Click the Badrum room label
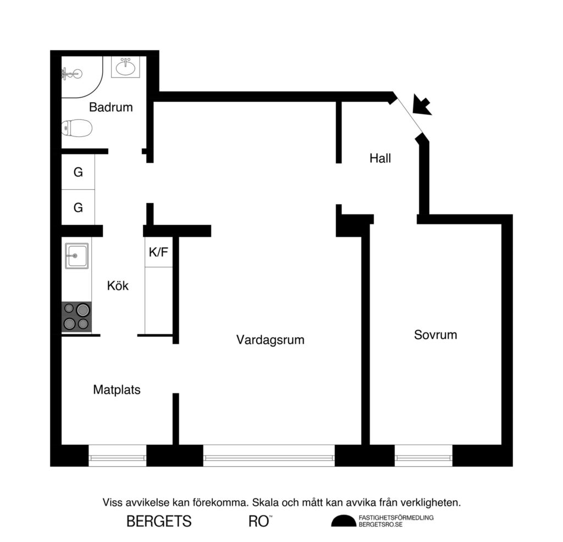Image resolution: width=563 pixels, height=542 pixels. pyautogui.click(x=111, y=107)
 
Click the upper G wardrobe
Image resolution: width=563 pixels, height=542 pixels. pyautogui.click(x=78, y=172)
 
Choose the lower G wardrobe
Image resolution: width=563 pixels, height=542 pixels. pyautogui.click(x=78, y=208)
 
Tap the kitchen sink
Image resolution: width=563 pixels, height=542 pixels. pyautogui.click(x=76, y=256)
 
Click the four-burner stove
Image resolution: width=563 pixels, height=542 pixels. pyautogui.click(x=76, y=316)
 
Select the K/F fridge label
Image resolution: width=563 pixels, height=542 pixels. pyautogui.click(x=158, y=253)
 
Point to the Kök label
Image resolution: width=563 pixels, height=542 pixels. pyautogui.click(x=118, y=286)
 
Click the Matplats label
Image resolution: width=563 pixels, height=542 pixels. pyautogui.click(x=117, y=390)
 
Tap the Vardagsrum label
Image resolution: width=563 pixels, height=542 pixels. pyautogui.click(x=270, y=340)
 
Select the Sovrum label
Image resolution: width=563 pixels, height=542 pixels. pyautogui.click(x=435, y=335)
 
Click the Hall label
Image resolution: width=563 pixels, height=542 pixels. pyautogui.click(x=380, y=158)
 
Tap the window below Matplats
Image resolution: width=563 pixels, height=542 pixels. pyautogui.click(x=118, y=456)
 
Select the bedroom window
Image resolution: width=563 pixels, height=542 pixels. pyautogui.click(x=423, y=456)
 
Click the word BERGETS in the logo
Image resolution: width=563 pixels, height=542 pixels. pyautogui.click(x=159, y=521)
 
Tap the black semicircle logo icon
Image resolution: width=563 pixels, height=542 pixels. pyautogui.click(x=343, y=521)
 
